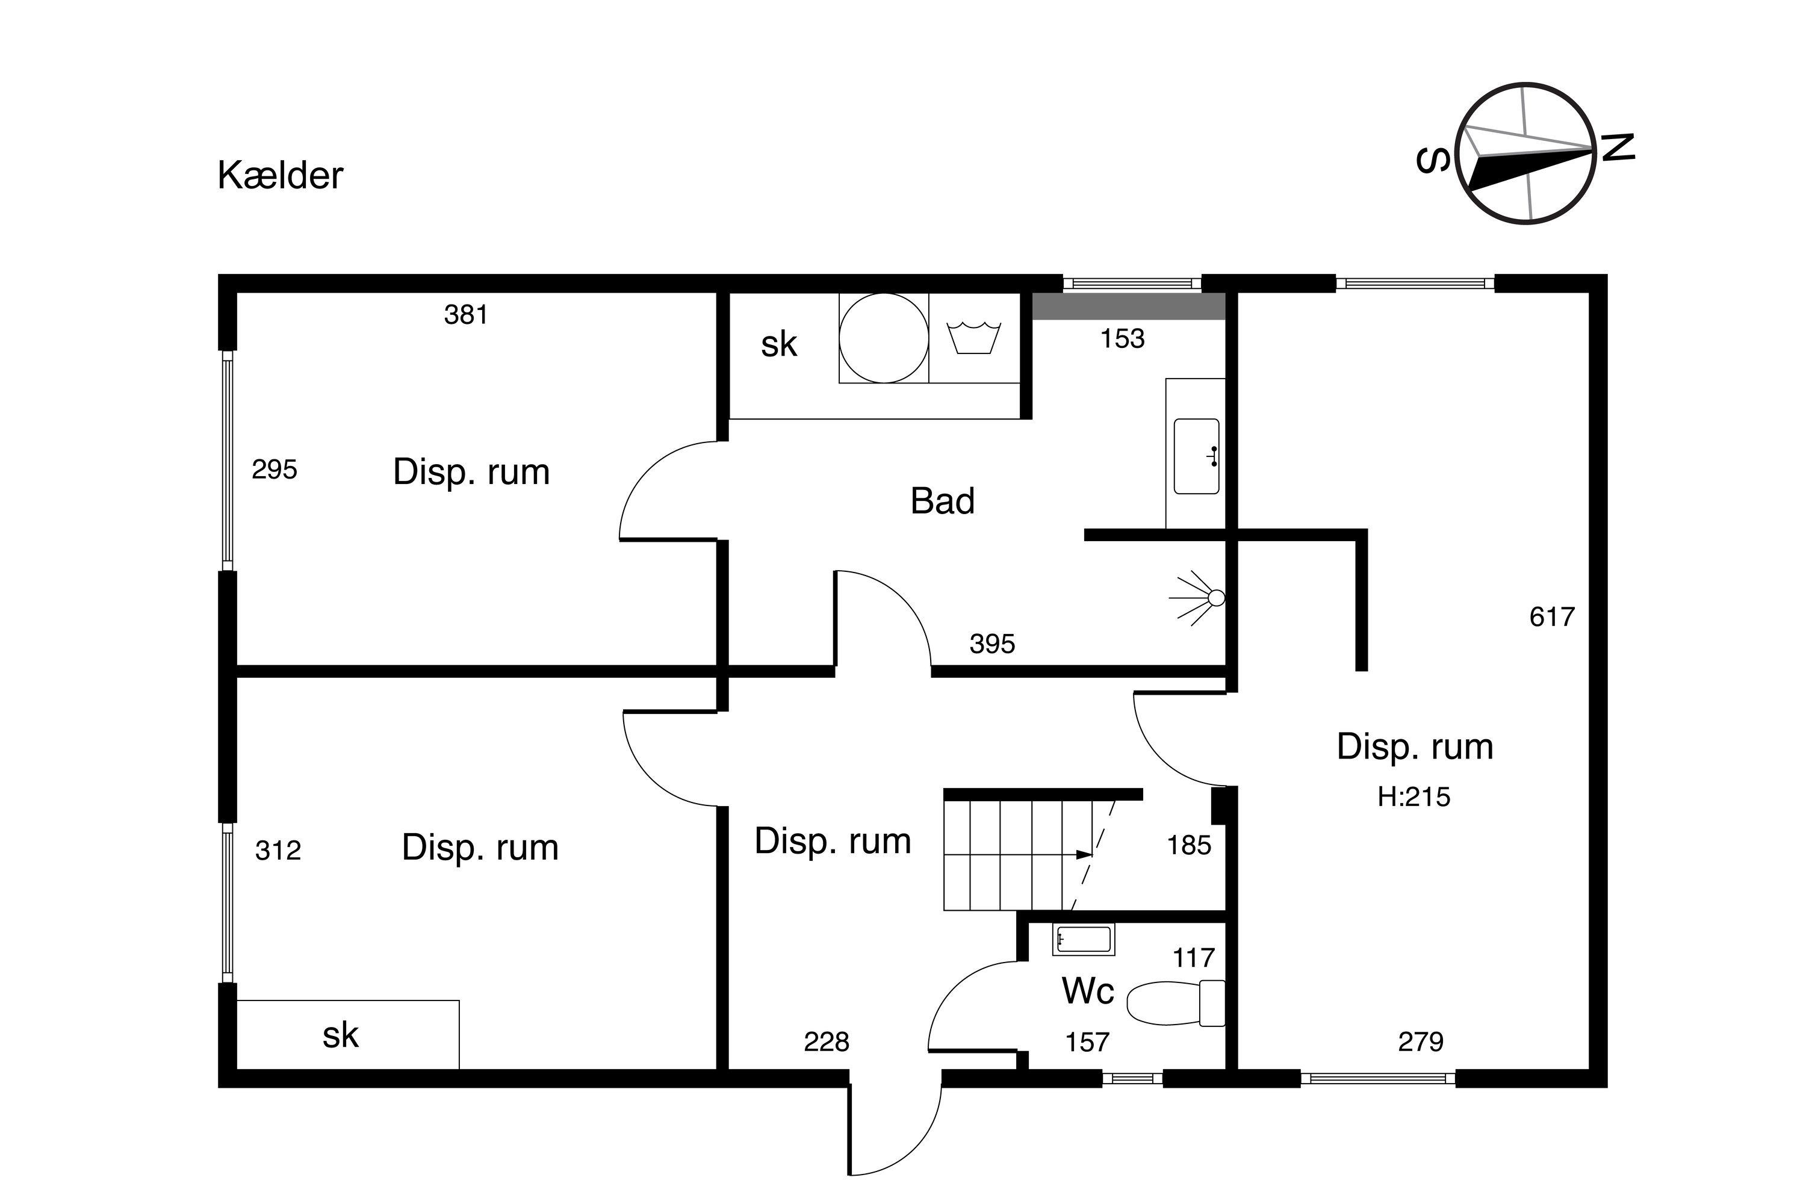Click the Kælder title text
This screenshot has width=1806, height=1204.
(281, 175)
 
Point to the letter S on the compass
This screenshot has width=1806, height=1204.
(1432, 161)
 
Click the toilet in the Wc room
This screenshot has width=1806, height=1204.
(1176, 1002)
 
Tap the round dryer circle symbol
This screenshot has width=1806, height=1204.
(884, 338)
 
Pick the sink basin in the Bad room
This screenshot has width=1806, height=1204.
(1196, 456)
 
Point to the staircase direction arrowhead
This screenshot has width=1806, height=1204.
(1084, 854)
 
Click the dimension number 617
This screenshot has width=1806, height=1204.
(1552, 616)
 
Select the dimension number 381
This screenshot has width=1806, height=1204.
(466, 315)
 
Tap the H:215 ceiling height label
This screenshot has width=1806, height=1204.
(1413, 797)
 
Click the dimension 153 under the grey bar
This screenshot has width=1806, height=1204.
(1123, 338)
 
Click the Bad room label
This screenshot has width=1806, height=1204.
(943, 501)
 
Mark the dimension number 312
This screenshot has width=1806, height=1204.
(278, 850)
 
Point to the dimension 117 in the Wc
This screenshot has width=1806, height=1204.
(1194, 958)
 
